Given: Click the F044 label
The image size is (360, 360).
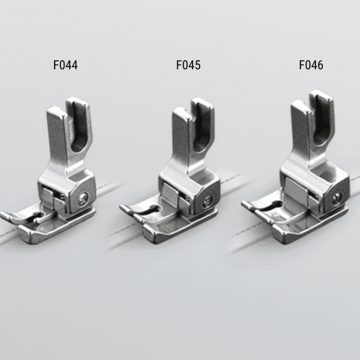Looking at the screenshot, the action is coord(66,65).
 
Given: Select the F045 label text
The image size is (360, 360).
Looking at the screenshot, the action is coord(188,65).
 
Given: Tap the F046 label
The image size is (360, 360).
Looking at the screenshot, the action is coord(311,65).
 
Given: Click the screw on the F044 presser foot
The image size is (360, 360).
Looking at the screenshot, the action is coord(83,199).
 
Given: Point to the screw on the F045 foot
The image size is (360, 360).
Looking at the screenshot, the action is coord(207,202).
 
